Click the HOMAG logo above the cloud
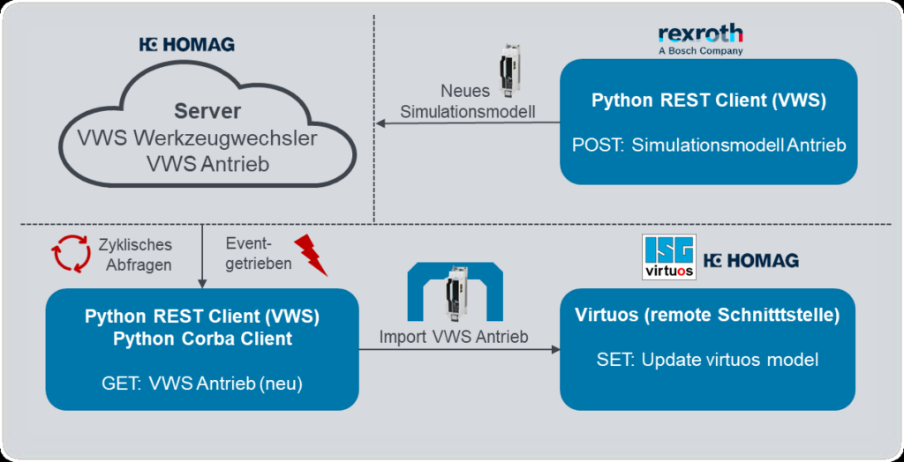187,45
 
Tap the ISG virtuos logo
669,257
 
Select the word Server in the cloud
207,113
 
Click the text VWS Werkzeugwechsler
207,138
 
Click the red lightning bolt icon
310,256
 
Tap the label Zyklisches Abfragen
137,254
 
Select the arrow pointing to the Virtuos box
459,350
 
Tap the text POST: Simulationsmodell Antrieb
708,145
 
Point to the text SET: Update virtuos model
707,360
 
